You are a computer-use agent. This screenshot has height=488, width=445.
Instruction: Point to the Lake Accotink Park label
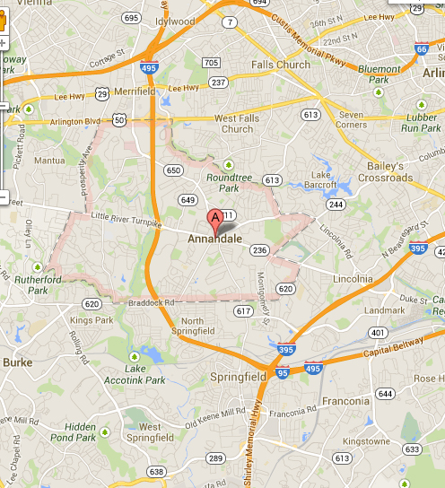(144, 375)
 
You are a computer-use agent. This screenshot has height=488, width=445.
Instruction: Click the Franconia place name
(346, 401)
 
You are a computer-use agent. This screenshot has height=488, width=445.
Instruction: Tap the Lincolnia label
(353, 279)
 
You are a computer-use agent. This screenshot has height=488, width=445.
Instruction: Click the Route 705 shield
(211, 63)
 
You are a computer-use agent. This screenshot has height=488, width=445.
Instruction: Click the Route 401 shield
(372, 333)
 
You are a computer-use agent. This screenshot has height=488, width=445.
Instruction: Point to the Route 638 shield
(157, 472)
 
